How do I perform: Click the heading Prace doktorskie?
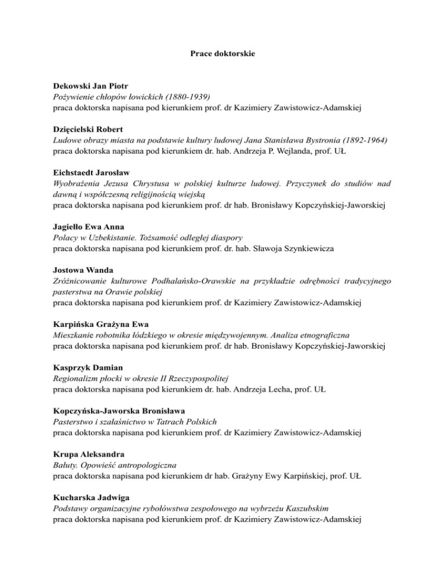click(222, 54)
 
